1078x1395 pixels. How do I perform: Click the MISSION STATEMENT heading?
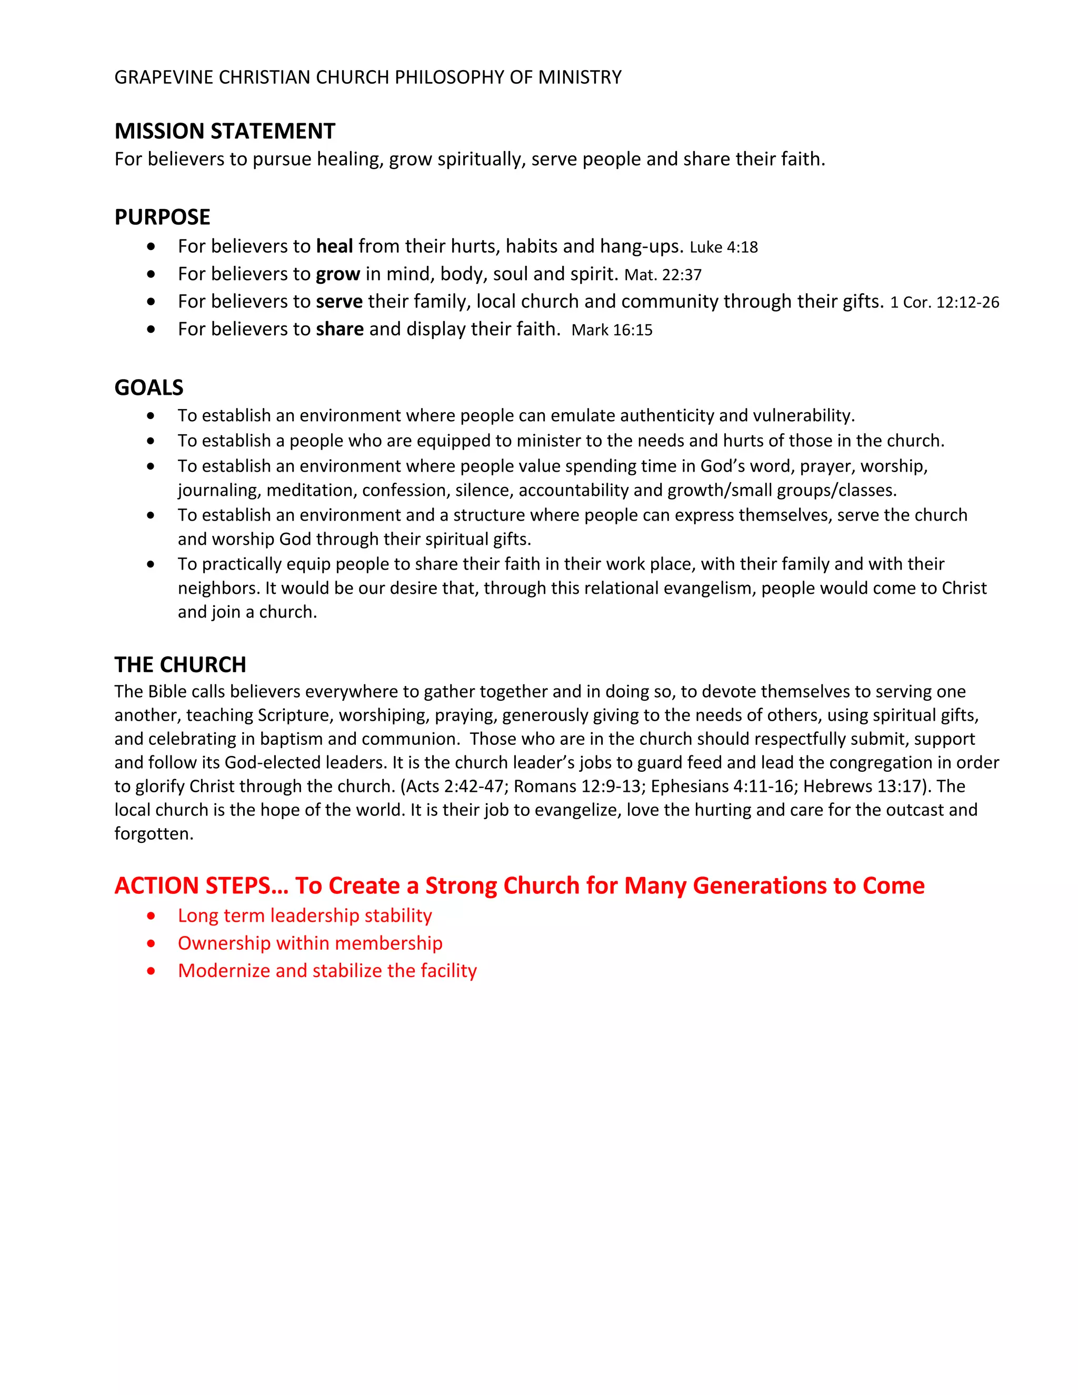[x=225, y=131]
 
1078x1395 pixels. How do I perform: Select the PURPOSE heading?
[x=162, y=217]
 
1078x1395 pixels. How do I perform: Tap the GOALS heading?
[x=149, y=388]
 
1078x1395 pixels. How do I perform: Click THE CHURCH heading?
[x=180, y=665]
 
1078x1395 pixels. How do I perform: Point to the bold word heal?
[x=335, y=246]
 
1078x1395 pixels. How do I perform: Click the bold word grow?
[x=338, y=274]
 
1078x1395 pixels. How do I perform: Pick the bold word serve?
[x=339, y=302]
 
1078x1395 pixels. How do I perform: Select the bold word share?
[x=340, y=329]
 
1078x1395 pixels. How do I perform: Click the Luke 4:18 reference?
[x=724, y=247]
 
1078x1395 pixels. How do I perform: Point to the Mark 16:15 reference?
[x=612, y=330]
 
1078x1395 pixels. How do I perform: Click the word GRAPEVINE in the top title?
[x=164, y=77]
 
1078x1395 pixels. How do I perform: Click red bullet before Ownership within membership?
[x=151, y=943]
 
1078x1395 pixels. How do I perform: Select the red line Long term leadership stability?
[x=305, y=915]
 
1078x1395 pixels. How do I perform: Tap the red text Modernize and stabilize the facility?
[x=327, y=970]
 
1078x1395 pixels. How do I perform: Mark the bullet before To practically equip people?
[x=151, y=565]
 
